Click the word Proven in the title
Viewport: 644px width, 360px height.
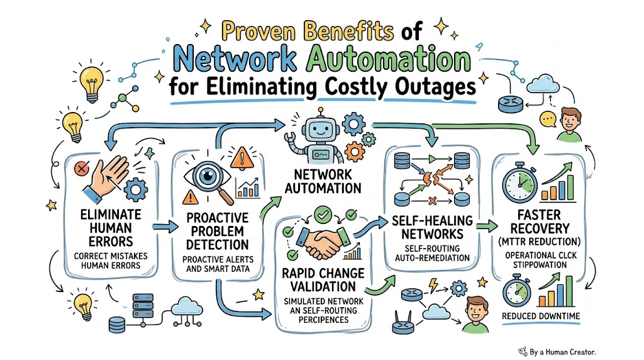(259, 31)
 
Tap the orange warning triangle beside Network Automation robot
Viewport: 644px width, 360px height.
(242, 159)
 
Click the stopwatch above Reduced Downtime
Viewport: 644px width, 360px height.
(517, 291)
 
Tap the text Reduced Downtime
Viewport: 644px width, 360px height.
(540, 316)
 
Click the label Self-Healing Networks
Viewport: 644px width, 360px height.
(432, 227)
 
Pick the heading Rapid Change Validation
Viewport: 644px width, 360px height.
(323, 280)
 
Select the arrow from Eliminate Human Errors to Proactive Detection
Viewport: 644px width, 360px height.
(165, 227)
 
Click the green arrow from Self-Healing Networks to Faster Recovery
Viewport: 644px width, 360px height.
(487, 225)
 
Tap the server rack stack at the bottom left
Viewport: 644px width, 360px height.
(143, 306)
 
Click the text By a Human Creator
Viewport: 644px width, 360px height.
(562, 352)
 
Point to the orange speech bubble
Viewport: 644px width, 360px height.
(548, 120)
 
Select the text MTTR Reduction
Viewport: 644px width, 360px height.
(539, 242)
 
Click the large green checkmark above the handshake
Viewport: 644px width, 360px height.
(323, 214)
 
